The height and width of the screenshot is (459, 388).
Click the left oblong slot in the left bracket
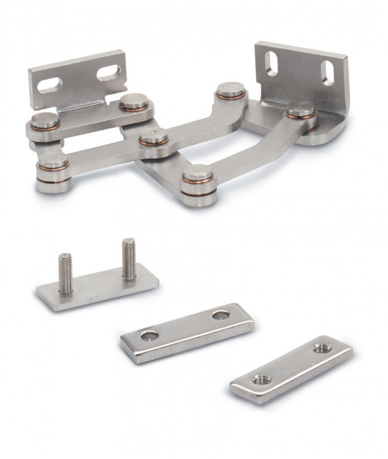[x=50, y=85]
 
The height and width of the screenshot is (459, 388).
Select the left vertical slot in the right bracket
[x=271, y=64]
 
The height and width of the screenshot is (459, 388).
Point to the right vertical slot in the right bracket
[x=327, y=73]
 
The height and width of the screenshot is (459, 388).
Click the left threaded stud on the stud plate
[x=65, y=273]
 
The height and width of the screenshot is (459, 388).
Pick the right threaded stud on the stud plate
[x=129, y=258]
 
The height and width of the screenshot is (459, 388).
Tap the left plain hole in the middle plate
[x=150, y=335]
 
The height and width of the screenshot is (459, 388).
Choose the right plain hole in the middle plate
[x=221, y=315]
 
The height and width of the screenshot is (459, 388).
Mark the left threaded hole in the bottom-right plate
[x=261, y=379]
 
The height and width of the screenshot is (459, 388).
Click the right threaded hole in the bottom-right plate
[x=322, y=349]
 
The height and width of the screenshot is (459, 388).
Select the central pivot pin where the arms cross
[x=154, y=136]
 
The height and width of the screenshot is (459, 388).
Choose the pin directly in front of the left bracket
[x=133, y=101]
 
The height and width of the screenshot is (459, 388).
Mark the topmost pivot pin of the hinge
[x=231, y=90]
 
